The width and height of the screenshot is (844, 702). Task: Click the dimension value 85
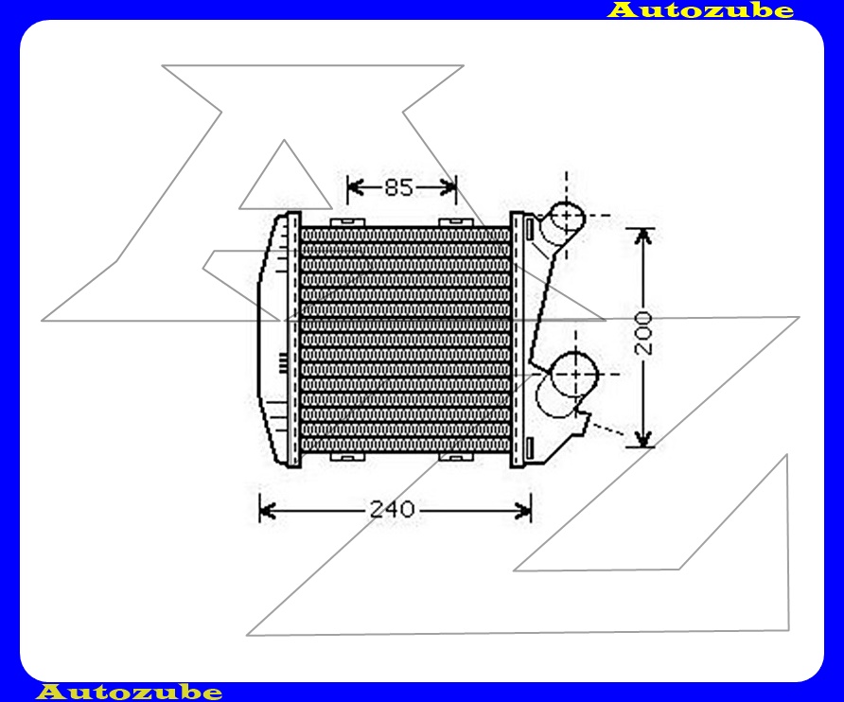(x=399, y=187)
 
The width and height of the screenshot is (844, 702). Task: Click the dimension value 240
(x=392, y=510)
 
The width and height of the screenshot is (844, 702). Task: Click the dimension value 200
(x=644, y=332)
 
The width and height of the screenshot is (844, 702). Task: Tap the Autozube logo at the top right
(x=700, y=10)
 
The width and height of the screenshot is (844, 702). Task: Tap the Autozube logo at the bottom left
(x=130, y=693)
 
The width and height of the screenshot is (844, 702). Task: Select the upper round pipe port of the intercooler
(x=567, y=217)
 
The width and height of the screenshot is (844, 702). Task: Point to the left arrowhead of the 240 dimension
(x=266, y=511)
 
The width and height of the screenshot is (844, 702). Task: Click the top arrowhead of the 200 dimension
(x=643, y=235)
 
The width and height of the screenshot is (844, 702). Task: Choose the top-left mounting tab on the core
(x=348, y=221)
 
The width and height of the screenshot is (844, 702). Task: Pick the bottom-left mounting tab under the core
(x=347, y=458)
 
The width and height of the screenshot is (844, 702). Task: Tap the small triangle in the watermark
(x=284, y=180)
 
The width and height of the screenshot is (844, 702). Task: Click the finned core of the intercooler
(x=405, y=341)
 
